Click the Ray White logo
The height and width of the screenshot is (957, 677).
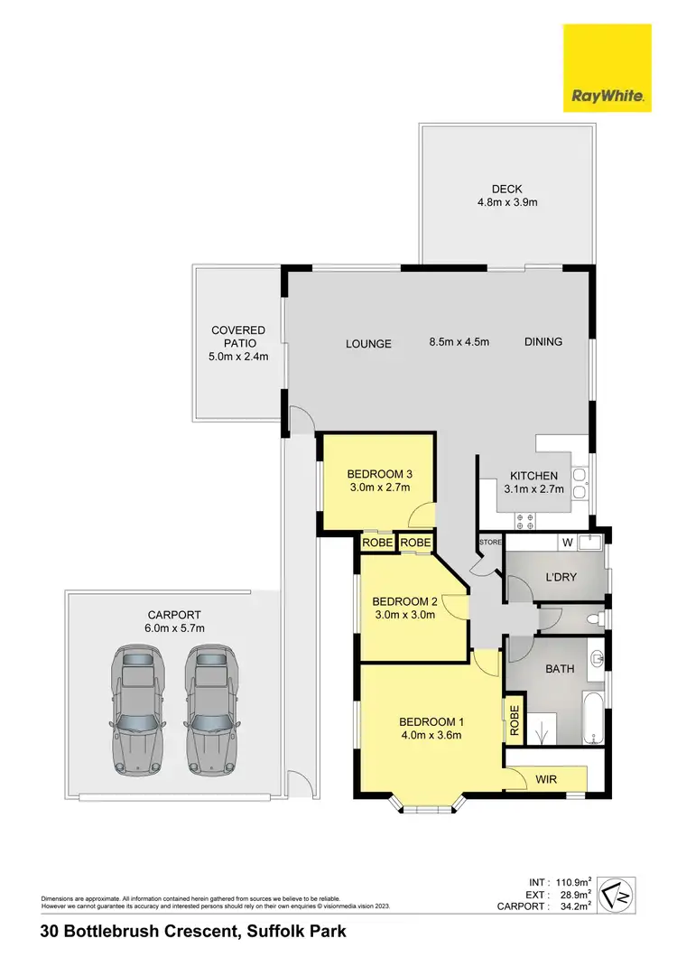click(x=607, y=69)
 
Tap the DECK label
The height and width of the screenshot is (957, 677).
click(x=506, y=189)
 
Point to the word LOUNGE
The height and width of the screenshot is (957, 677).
click(x=369, y=343)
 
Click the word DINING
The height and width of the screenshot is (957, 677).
click(x=543, y=341)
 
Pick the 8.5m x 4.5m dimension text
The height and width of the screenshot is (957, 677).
click(x=459, y=342)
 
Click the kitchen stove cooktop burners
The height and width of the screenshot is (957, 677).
click(x=524, y=520)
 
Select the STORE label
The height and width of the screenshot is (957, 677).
click(x=490, y=543)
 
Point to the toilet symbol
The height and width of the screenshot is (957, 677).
click(x=591, y=620)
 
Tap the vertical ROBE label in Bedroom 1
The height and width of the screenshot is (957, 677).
click(x=515, y=722)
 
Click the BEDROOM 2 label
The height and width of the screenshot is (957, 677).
click(x=404, y=602)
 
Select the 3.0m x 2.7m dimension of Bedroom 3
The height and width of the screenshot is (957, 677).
click(x=379, y=488)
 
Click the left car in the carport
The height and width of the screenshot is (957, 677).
click(x=136, y=711)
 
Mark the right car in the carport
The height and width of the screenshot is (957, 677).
click(x=210, y=711)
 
